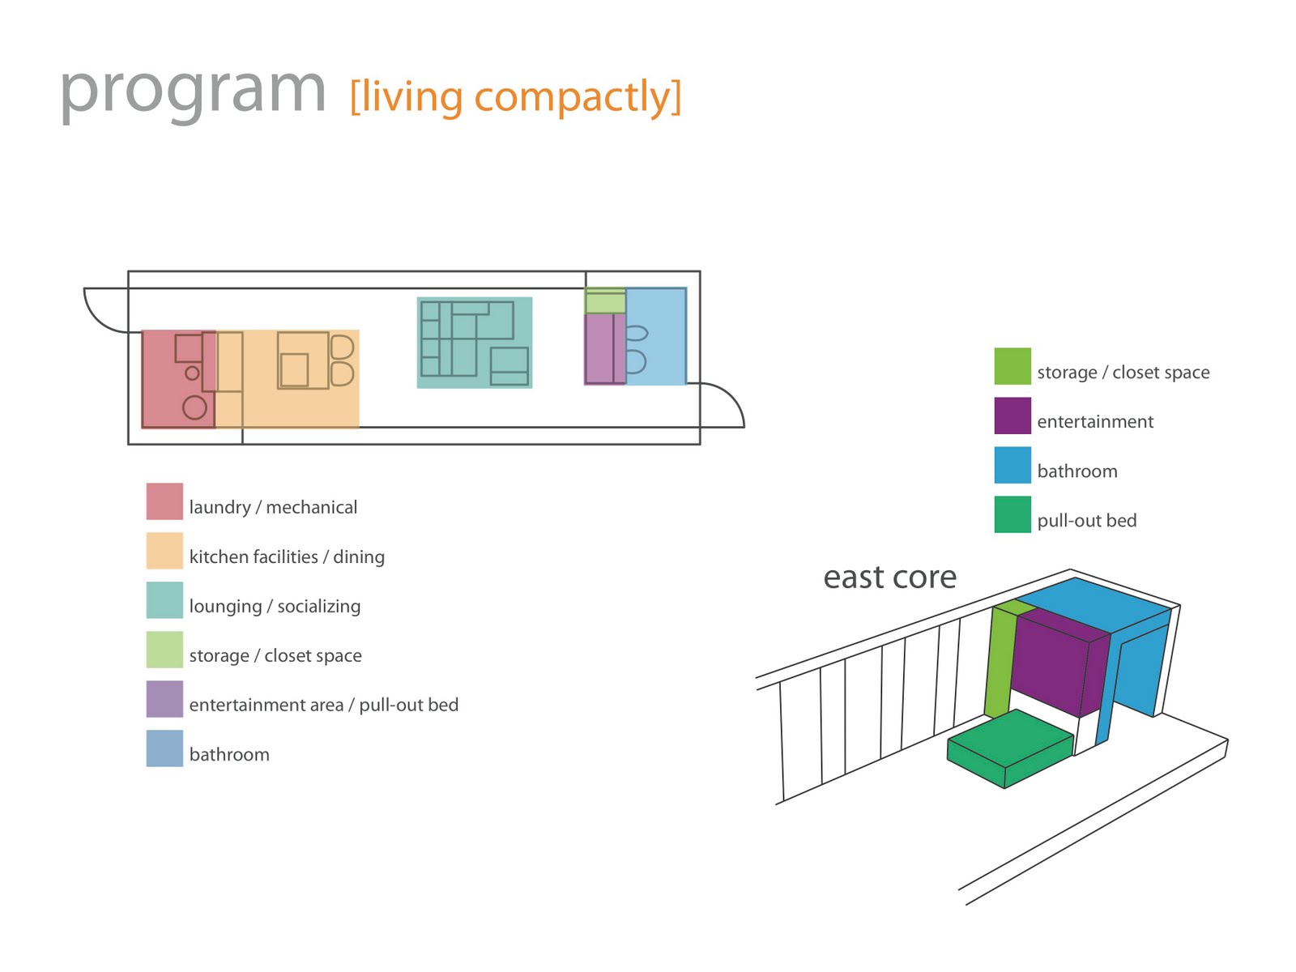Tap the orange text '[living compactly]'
(x=515, y=97)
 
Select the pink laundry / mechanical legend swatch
(x=164, y=501)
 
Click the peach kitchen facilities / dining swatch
(x=164, y=551)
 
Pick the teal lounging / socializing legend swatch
(x=164, y=600)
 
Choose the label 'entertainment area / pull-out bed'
(x=323, y=706)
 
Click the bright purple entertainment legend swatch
(x=1013, y=416)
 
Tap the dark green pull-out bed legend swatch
(x=1013, y=514)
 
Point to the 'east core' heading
(x=889, y=578)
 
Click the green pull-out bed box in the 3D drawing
(x=1009, y=747)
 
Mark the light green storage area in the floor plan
(x=605, y=301)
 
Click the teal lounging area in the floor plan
(x=475, y=343)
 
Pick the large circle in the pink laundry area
(x=194, y=407)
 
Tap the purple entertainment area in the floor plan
(x=599, y=348)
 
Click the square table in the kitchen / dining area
(x=294, y=370)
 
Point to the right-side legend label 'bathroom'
(x=1076, y=471)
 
